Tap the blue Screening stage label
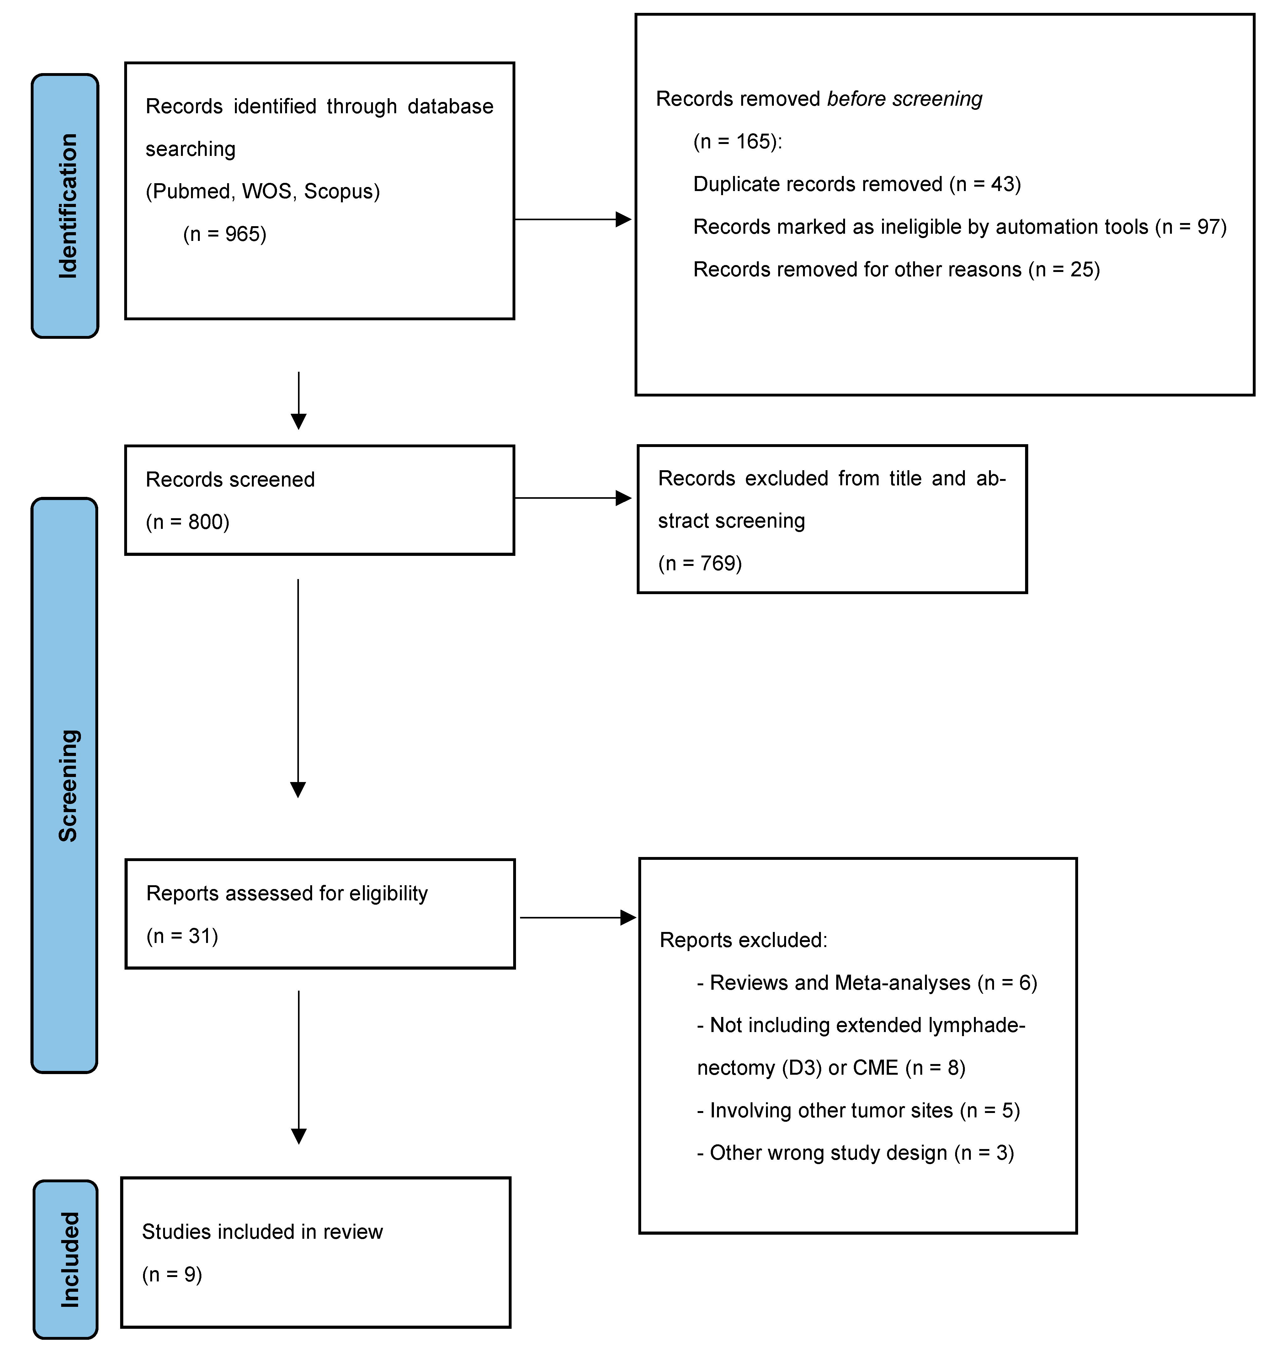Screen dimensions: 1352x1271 pos(65,785)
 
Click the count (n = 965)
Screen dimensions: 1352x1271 pos(224,234)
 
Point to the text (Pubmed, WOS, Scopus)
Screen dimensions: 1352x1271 pos(263,191)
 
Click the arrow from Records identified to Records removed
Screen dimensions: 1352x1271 pos(572,219)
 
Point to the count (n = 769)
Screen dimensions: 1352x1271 pos(700,563)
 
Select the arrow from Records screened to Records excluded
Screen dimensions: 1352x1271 pos(572,498)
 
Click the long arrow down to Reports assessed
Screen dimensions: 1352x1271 pos(298,687)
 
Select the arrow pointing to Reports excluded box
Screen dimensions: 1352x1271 pos(578,918)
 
